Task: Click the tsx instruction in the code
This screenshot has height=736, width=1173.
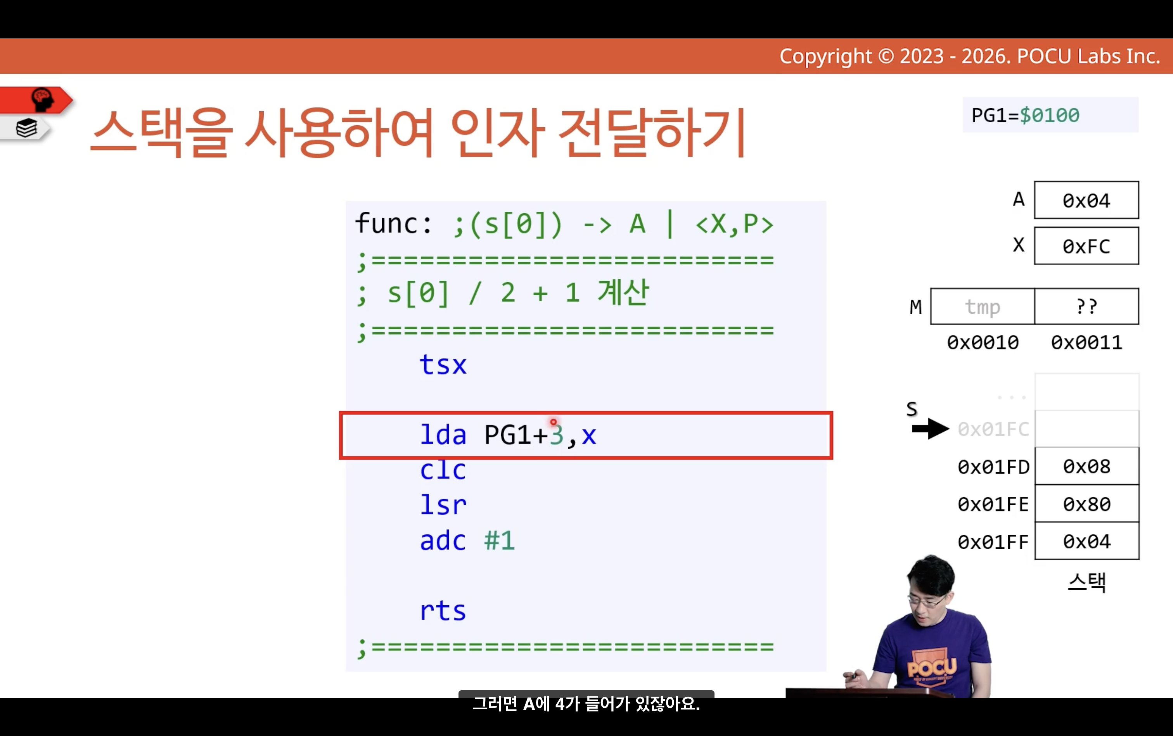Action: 443,365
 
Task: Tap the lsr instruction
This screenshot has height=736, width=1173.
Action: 443,505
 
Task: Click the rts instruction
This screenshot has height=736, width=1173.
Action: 443,610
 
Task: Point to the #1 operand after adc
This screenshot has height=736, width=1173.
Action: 499,540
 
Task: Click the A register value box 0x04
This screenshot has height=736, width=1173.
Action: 1086,200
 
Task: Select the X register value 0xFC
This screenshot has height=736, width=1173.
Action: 1086,246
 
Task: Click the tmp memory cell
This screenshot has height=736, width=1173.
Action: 983,307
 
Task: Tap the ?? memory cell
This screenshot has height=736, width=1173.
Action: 1087,307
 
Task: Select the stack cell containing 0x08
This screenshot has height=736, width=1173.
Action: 1087,466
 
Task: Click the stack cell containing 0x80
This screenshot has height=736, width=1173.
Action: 1087,504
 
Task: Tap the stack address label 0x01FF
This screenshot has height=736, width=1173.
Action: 993,542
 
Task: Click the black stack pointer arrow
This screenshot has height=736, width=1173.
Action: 931,429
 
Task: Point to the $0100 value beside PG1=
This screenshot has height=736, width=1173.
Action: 1049,116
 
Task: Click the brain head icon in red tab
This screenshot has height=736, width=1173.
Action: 42,99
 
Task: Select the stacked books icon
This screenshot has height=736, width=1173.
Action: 26,128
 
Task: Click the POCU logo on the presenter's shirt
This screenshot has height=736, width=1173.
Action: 931,666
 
